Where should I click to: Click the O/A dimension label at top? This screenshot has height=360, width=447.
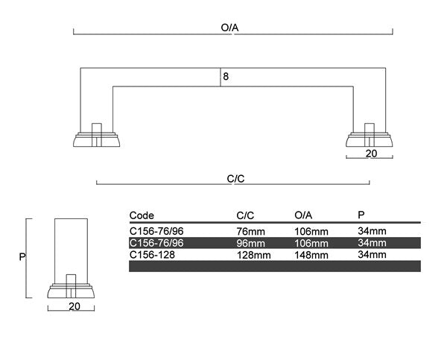(229, 28)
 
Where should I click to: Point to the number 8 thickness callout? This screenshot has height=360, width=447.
(225, 75)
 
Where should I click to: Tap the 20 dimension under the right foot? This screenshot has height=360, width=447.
(370, 153)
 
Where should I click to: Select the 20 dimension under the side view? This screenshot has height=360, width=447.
(74, 306)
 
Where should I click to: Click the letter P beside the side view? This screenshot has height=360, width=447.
(22, 256)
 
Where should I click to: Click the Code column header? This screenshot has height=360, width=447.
(142, 215)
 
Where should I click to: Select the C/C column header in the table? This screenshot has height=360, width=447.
(245, 215)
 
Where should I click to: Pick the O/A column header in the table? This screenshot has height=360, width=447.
(304, 215)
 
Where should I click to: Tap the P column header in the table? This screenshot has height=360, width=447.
(361, 215)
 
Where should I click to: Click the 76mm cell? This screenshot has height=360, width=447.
(250, 231)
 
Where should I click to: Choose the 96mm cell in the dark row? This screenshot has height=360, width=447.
(250, 243)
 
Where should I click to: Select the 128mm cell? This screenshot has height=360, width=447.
(253, 254)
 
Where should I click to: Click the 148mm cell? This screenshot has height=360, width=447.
(311, 254)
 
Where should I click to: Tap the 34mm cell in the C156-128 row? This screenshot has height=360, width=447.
(372, 254)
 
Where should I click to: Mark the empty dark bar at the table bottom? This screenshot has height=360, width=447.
(275, 266)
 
